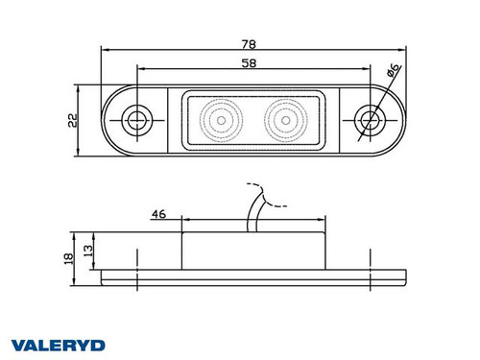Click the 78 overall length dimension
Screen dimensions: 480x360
point(249,44)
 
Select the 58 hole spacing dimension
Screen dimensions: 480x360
point(249,63)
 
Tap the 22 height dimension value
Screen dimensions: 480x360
point(73,121)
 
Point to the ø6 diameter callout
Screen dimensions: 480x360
point(394,70)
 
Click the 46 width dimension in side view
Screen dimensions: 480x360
point(158,214)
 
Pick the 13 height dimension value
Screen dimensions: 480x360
point(88,251)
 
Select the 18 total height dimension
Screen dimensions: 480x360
point(68,258)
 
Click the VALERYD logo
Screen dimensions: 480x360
point(59,346)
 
